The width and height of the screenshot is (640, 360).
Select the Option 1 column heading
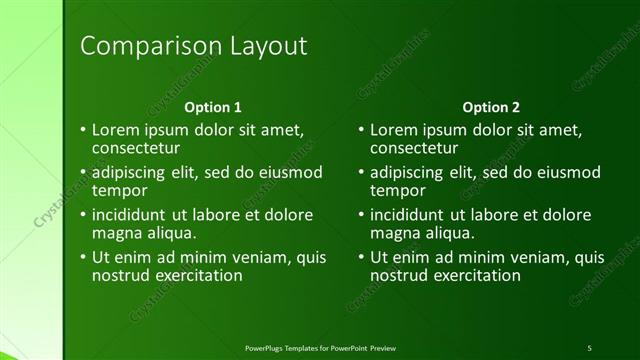pyautogui.click(x=213, y=107)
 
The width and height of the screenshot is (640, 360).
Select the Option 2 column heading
pyautogui.click(x=491, y=107)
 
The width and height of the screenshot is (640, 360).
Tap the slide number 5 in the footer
pyautogui.click(x=589, y=347)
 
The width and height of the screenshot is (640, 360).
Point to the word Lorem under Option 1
pyautogui.click(x=114, y=130)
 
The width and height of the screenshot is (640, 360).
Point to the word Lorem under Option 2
pyautogui.click(x=392, y=130)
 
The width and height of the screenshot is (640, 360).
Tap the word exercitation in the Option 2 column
pyautogui.click(x=475, y=274)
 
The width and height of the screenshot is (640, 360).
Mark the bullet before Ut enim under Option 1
pyautogui.click(x=83, y=258)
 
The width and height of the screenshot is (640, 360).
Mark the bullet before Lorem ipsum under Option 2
pyautogui.click(x=361, y=131)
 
